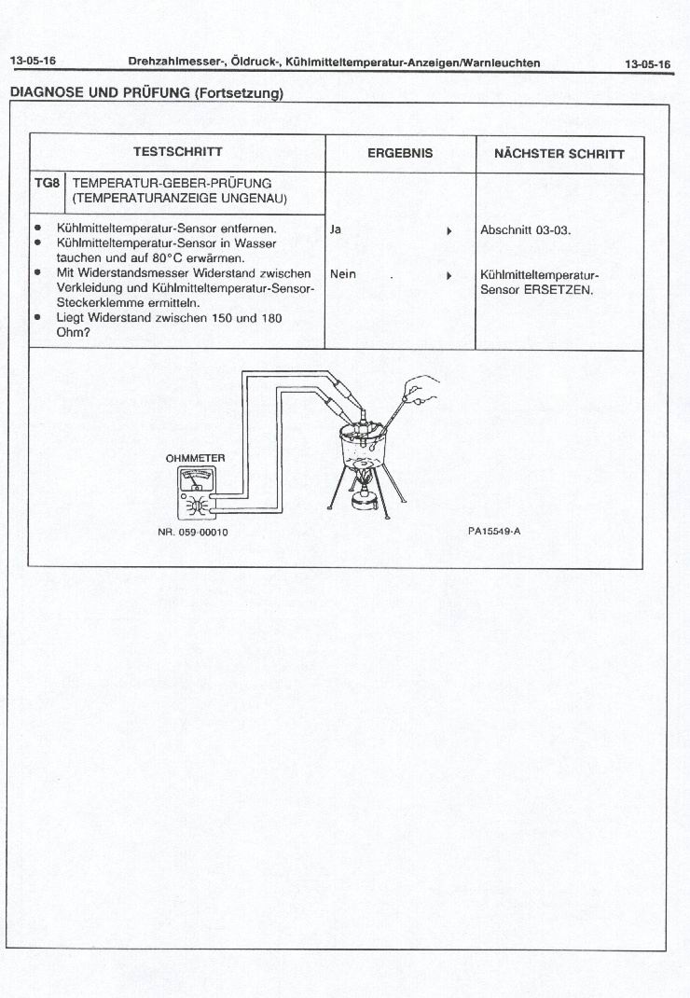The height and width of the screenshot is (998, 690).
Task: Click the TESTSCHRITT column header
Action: coord(177,152)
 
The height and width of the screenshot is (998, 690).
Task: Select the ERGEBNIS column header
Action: coord(400,153)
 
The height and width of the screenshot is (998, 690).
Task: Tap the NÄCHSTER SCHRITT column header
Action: coord(559,154)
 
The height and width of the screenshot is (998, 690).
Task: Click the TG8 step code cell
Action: coord(48,184)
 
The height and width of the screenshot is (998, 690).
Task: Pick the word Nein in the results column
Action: coord(343,274)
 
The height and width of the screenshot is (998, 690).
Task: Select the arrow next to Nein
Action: coord(449,275)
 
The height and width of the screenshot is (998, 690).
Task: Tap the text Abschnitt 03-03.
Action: coord(525,229)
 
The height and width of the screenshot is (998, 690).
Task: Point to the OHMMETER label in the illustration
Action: coord(195,459)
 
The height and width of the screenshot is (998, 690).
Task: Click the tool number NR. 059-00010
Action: coord(194,532)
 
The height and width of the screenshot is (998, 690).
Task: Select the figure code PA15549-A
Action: coord(494,531)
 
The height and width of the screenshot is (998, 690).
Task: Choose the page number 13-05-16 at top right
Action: coord(647,64)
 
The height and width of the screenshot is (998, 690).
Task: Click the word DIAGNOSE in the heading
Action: coord(45,92)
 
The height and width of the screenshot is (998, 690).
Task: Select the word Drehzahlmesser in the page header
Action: coord(169,62)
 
